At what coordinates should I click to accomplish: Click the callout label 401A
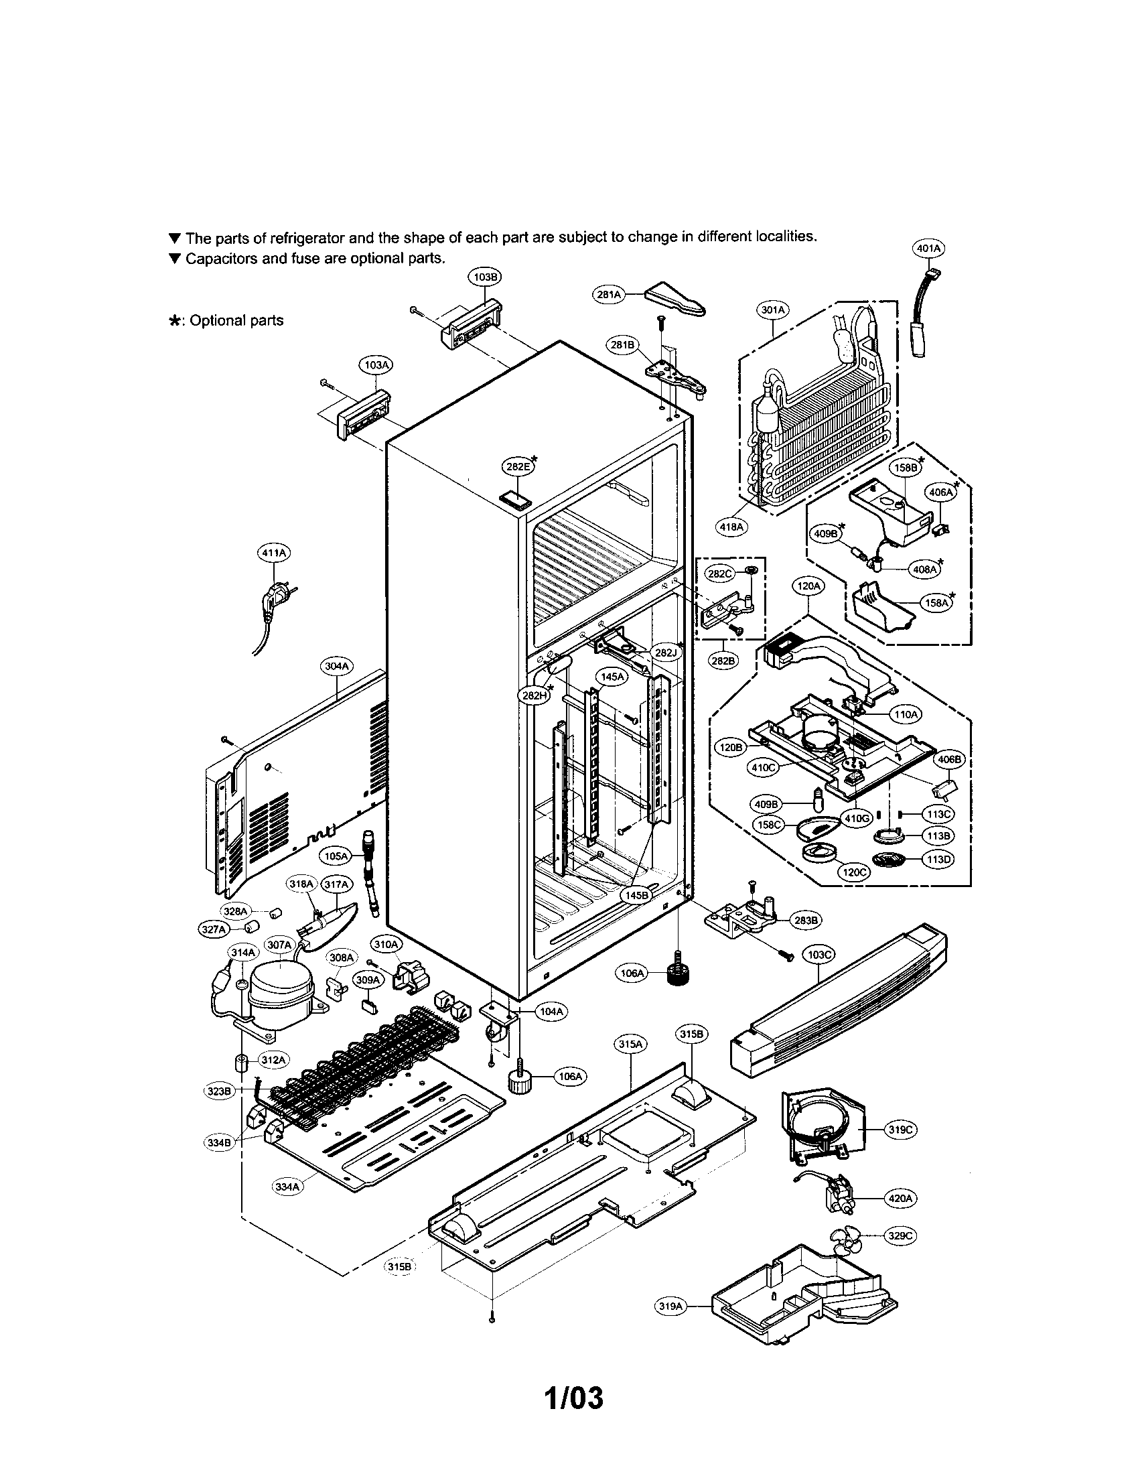(928, 249)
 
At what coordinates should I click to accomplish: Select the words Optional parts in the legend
(236, 320)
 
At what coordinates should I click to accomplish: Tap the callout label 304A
(337, 666)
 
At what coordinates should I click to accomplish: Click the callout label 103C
(819, 954)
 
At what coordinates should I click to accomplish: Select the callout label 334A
(287, 1186)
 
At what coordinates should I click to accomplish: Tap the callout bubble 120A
(808, 586)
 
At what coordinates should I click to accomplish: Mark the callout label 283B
(807, 919)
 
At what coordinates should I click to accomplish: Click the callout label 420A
(902, 1198)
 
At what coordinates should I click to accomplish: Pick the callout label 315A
(630, 1044)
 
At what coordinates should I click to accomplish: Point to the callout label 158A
(937, 603)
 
